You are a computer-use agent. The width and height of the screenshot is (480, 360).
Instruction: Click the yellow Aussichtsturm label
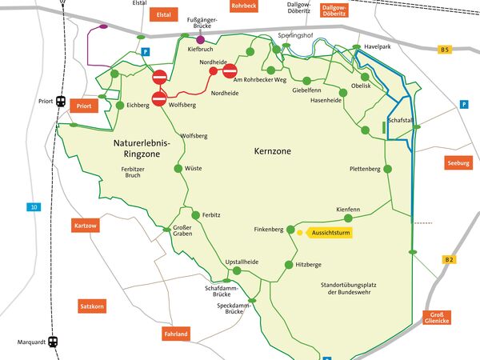click(330, 233)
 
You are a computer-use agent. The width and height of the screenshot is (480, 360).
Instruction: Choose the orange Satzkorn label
click(92, 306)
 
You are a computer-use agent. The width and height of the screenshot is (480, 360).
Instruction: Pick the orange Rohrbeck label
click(243, 6)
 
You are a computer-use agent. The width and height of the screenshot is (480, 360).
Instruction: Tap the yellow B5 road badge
click(445, 50)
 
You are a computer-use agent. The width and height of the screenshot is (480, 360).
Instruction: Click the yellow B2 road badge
click(449, 260)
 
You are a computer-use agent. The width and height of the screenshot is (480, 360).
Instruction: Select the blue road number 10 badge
click(34, 208)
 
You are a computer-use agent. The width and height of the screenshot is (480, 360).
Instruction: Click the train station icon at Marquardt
click(53, 342)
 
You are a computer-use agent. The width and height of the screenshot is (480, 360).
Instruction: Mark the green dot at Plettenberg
click(388, 169)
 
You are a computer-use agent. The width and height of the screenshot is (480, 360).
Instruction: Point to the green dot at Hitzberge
click(289, 265)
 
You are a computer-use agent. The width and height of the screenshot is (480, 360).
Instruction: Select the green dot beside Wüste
click(179, 168)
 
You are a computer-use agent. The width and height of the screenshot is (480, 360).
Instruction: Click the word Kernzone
click(274, 150)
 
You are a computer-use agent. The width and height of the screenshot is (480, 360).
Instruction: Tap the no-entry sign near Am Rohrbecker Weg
click(230, 71)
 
